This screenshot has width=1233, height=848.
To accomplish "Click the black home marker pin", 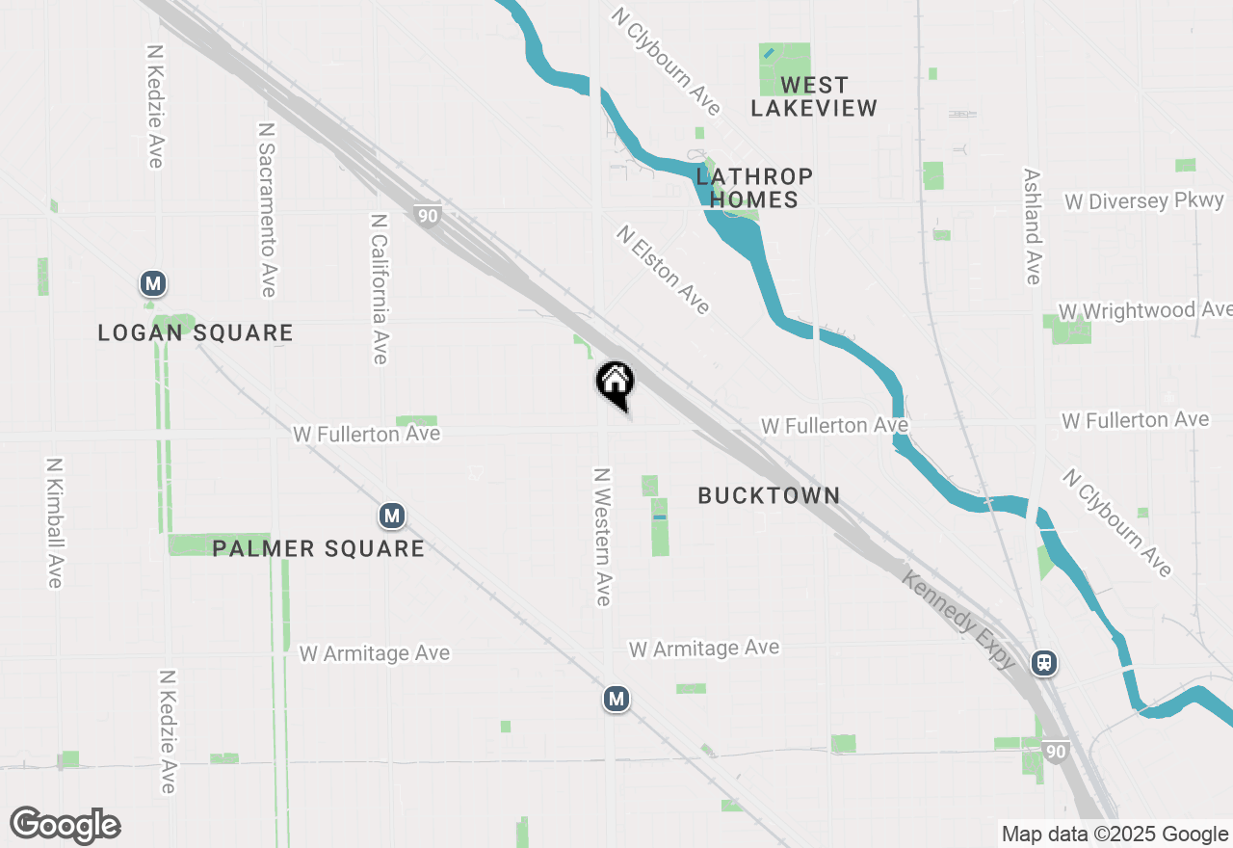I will point(615,384).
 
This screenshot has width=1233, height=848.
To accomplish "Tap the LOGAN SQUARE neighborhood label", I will point(196,333).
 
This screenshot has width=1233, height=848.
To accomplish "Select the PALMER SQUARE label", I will point(318,548).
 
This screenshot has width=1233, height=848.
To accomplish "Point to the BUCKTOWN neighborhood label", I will point(769,495).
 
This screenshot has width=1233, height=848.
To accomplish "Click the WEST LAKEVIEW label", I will point(814,96).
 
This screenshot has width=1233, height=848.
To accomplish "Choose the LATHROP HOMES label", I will point(754,188).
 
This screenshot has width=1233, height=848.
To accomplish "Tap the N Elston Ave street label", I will point(664,270).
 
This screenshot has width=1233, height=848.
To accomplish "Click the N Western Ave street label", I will point(603,537).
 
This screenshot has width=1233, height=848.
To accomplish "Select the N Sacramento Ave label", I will point(267,209).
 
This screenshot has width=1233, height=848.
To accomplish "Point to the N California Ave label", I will point(379,289).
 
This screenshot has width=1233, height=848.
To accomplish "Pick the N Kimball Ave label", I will point(54,521).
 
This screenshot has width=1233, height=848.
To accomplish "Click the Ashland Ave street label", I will point(1032,227).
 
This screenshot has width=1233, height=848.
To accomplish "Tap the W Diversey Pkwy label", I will point(1144,201).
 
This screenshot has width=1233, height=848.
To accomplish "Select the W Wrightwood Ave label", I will point(1144,310).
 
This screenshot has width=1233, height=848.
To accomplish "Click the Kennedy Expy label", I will point(959,619).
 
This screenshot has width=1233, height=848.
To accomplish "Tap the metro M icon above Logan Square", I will point(152,283).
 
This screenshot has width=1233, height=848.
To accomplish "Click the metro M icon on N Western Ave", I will point(616,699).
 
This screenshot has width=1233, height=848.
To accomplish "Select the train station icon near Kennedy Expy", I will point(1043,663).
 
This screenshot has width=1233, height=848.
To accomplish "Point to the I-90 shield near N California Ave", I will point(428,215).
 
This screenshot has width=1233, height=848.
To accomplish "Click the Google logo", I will point(66,826).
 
